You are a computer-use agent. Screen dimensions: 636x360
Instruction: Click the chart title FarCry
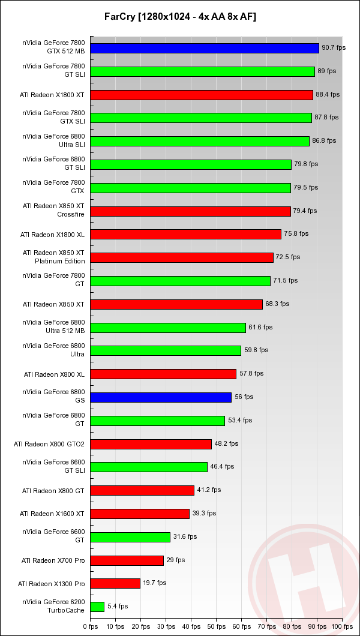click(179, 16)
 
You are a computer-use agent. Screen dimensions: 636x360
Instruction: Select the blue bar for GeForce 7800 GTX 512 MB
click(205, 48)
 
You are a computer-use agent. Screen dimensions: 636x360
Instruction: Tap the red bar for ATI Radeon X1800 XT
click(202, 95)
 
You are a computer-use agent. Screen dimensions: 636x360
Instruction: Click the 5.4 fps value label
click(118, 607)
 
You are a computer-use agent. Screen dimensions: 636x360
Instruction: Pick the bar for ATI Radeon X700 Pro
click(127, 560)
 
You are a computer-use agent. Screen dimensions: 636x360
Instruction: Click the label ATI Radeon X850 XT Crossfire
click(53, 210)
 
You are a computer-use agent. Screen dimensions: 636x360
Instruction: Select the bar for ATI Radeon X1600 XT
click(140, 514)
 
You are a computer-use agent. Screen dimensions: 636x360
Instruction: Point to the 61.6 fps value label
click(260, 327)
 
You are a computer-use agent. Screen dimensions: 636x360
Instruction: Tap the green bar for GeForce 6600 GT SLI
click(149, 467)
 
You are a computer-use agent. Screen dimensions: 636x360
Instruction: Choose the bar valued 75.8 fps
click(185, 234)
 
